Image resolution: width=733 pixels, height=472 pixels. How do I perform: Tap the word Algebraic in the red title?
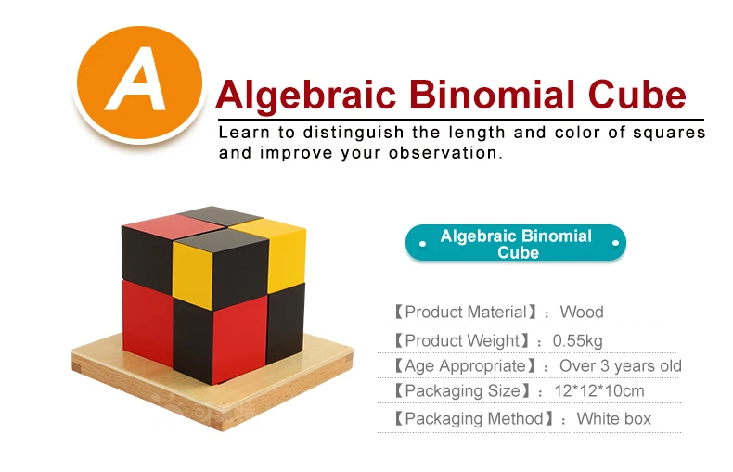306,96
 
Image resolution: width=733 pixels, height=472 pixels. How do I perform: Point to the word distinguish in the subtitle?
353,134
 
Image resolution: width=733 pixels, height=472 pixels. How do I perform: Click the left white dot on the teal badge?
422,244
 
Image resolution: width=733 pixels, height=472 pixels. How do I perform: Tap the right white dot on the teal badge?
616,243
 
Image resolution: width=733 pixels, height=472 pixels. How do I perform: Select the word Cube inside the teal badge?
518,252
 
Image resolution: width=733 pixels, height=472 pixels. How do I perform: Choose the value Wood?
582,312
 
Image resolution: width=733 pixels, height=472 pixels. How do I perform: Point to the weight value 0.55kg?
577,340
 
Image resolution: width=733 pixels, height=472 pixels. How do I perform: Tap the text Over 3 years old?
621,365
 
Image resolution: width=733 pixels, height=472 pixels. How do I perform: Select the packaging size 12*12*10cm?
598,390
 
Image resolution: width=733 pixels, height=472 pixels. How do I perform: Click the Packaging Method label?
474,418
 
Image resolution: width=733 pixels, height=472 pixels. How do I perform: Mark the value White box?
614,418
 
